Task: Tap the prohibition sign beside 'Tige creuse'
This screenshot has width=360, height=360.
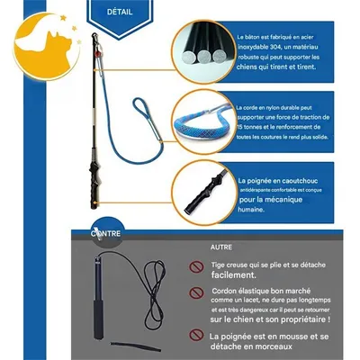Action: pyautogui.click(x=194, y=267)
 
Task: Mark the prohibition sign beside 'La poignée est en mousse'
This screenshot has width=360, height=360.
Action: pyautogui.click(x=194, y=337)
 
